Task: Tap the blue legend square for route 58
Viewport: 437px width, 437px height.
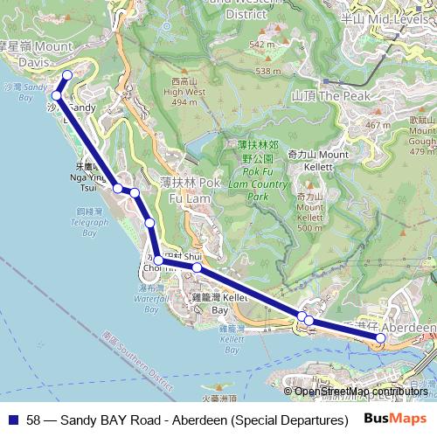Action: tap(12, 420)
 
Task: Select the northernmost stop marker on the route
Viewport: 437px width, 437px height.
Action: tap(67, 75)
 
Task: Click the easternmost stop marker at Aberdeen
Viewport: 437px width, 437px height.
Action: tap(380, 337)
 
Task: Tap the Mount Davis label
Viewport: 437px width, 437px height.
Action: tap(38, 54)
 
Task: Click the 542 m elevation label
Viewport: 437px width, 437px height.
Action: tap(262, 44)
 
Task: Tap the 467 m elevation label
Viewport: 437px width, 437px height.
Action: tap(378, 125)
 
